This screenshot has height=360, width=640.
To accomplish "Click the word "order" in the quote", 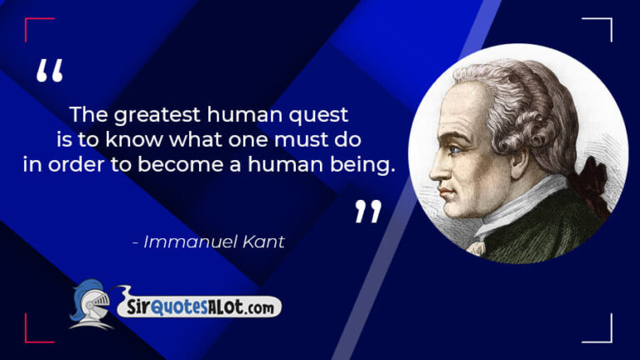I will pyautogui.click(x=73, y=164).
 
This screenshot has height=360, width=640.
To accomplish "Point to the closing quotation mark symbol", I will pyautogui.click(x=367, y=212).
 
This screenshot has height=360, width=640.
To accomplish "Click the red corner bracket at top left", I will pyautogui.click(x=33, y=25).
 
